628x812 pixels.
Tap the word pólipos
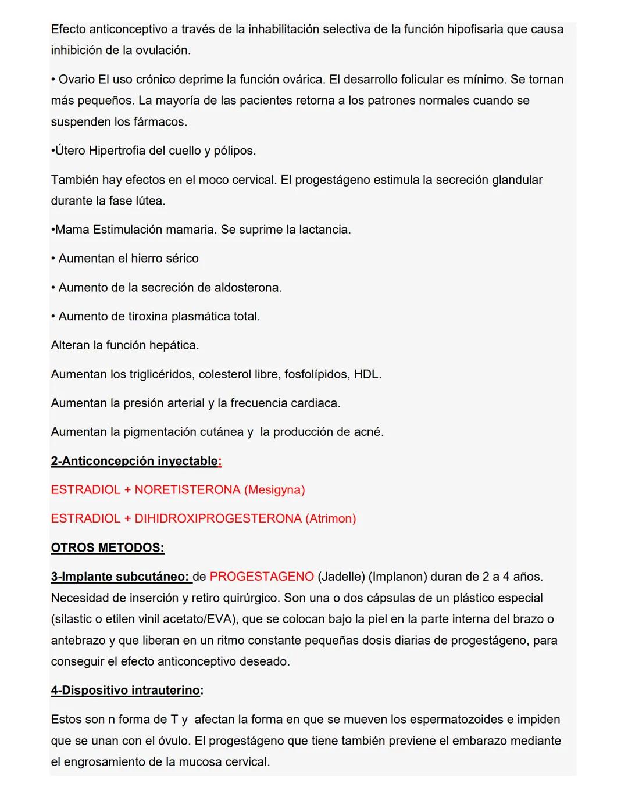click(234, 151)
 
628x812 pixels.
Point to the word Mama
click(72, 230)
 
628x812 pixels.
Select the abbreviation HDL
click(367, 374)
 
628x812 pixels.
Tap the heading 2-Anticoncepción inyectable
click(134, 461)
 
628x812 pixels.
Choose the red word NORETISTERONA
click(187, 490)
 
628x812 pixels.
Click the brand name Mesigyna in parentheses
click(274, 490)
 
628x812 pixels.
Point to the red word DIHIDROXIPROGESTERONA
click(218, 518)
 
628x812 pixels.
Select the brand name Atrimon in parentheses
click(330, 518)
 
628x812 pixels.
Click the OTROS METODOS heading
click(108, 548)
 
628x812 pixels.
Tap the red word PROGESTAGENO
click(262, 577)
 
